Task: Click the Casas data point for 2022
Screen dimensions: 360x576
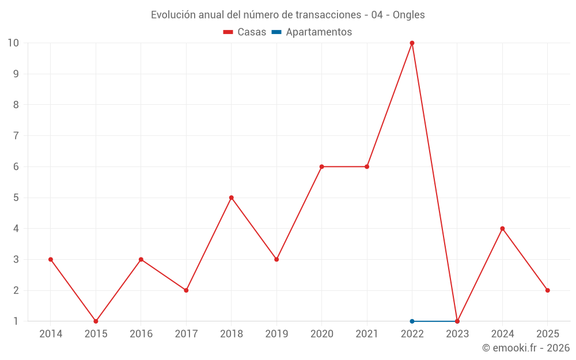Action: [x=412, y=43]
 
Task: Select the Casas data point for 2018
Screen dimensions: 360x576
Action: [x=232, y=198]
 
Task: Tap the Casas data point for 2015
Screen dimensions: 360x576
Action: [x=96, y=321]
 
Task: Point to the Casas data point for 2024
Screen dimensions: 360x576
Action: [x=502, y=229]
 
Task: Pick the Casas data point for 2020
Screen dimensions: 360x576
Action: [x=321, y=166]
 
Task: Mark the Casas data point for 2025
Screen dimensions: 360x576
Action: [x=548, y=290]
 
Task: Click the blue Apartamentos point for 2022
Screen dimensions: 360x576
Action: [x=412, y=321]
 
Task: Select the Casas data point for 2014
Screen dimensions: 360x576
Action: [x=51, y=259]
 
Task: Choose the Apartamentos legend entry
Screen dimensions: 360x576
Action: [x=319, y=32]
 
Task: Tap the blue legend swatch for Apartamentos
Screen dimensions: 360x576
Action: [x=276, y=32]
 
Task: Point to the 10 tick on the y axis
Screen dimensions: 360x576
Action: [x=13, y=43]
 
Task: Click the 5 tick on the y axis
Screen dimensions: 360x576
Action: [x=16, y=198]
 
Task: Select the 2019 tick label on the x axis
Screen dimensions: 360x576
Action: [x=276, y=334]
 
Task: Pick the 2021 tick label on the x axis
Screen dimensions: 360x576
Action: [x=367, y=334]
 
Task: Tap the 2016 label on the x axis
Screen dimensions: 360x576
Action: [x=141, y=334]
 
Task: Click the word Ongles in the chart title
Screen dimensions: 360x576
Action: [x=409, y=15]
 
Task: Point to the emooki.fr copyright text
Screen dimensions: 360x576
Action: [x=526, y=348]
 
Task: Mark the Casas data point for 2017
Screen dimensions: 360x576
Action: [x=186, y=290]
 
